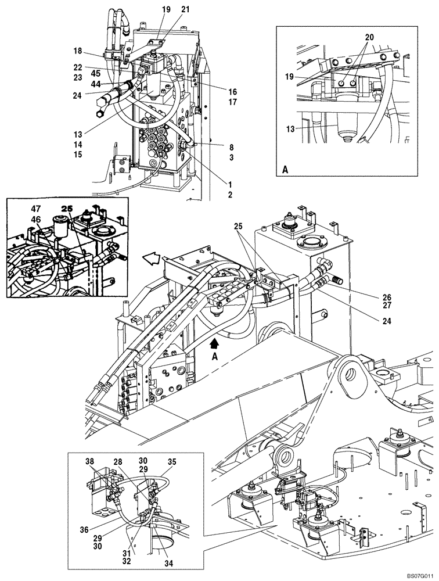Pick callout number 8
[x=231, y=148]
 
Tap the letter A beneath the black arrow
[x=214, y=357]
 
